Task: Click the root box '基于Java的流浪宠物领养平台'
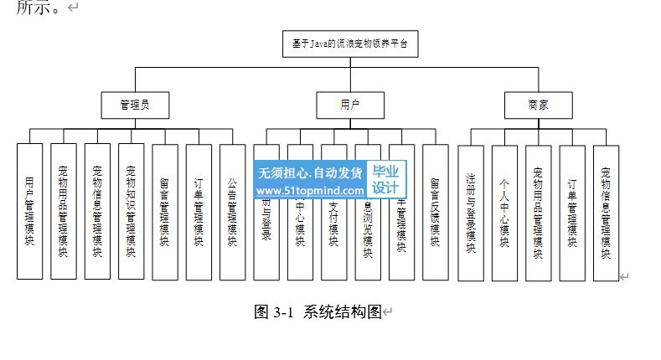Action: [349, 44]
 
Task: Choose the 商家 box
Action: [539, 105]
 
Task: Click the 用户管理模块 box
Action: [30, 211]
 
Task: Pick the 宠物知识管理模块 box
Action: [131, 211]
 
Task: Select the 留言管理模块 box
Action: [165, 211]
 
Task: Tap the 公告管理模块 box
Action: [232, 211]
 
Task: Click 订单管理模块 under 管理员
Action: [199, 211]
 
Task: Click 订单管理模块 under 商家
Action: [572, 211]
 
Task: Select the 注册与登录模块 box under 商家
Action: [471, 211]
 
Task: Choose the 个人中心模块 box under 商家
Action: [504, 211]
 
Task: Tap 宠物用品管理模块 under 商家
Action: [538, 211]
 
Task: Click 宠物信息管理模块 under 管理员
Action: [97, 211]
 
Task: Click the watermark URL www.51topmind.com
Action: [311, 191]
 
